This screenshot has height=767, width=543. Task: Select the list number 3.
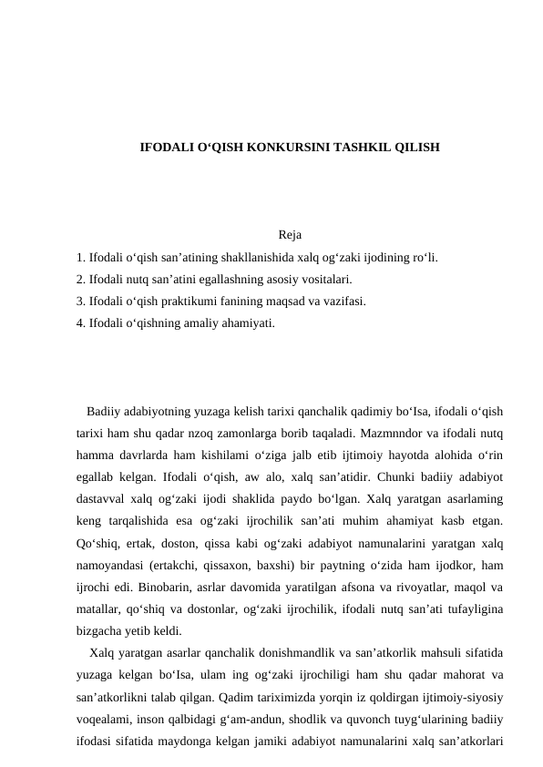click(81, 302)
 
